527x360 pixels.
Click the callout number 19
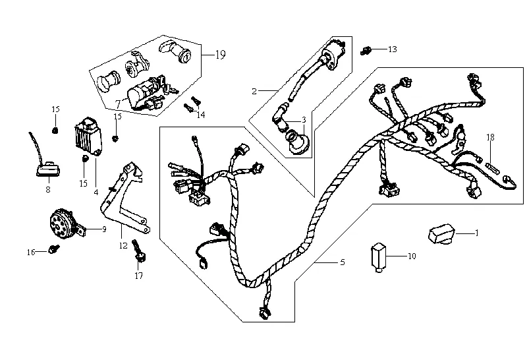coord(219,55)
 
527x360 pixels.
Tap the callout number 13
coord(393,49)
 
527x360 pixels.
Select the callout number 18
coord(490,137)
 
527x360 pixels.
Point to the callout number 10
coord(412,256)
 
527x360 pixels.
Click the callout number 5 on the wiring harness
coord(343,262)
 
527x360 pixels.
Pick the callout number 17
coord(139,276)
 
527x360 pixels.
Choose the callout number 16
coord(30,252)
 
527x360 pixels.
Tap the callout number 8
coord(47,189)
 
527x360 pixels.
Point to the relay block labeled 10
coord(378,256)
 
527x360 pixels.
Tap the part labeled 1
coord(441,233)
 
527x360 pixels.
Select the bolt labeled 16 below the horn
coord(53,250)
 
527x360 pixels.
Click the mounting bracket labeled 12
coord(125,195)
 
